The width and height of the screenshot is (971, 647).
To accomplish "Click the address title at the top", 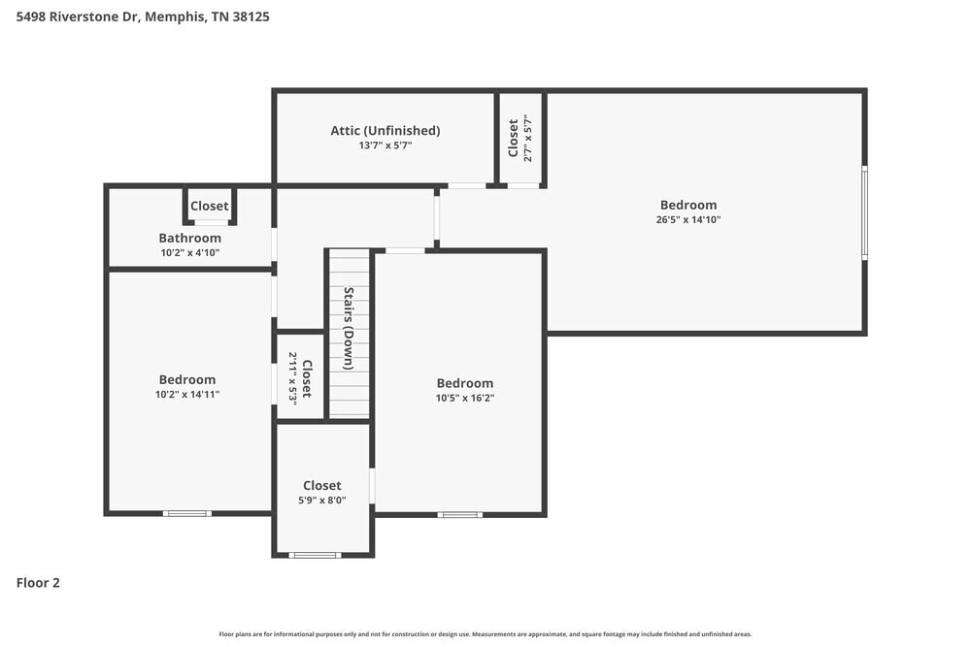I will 143,16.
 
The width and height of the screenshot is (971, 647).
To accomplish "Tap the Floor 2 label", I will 38,583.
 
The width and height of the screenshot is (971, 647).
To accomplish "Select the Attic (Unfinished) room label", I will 385,130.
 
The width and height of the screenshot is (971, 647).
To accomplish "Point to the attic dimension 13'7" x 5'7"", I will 385,146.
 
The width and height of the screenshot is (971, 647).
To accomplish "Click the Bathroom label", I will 189,238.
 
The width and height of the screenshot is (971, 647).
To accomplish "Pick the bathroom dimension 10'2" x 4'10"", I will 189,252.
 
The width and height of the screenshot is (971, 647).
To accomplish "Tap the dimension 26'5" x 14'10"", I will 687,219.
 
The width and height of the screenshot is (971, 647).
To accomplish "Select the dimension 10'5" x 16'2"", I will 464,398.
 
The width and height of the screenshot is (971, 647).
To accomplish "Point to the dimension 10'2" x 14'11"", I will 187,395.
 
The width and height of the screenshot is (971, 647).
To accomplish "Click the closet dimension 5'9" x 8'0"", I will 321,501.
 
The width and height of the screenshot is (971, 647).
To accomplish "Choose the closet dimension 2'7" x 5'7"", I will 528,139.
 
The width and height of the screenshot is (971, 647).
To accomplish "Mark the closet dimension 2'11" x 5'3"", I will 292,377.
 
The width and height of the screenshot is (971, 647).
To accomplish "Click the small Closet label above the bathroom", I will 209,206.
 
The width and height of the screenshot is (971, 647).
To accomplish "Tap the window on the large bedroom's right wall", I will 864,212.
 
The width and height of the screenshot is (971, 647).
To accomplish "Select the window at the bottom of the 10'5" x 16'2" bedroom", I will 459,514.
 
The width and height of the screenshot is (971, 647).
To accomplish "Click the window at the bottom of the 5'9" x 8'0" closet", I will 316,555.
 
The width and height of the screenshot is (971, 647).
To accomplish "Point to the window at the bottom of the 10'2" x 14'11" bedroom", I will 186,513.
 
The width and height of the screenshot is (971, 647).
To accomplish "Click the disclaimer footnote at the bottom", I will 485,634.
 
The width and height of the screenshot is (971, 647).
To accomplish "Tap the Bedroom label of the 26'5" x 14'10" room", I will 687,205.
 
